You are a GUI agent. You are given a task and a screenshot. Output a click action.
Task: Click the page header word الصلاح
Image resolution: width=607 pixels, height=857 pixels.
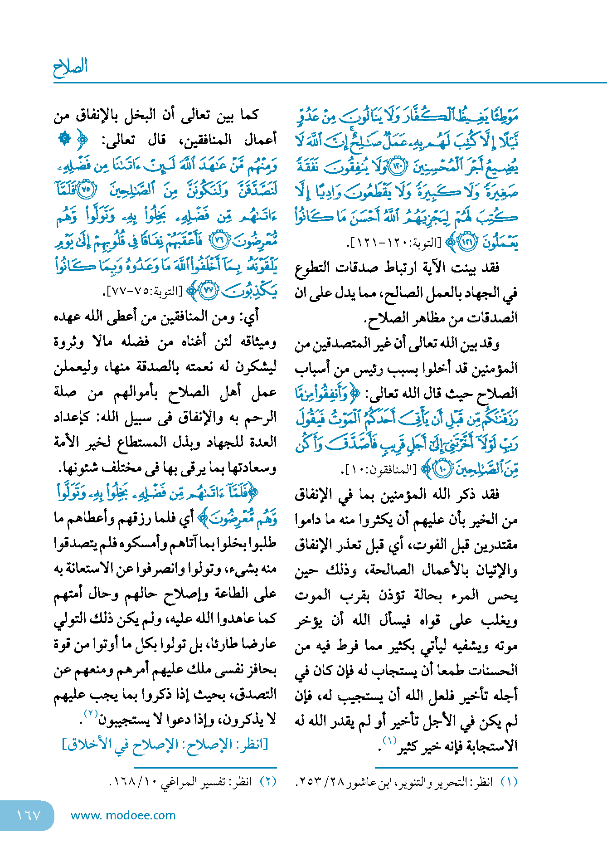[x=70, y=67]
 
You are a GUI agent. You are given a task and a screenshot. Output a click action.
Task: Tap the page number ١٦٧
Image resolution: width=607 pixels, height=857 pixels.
[x=29, y=815]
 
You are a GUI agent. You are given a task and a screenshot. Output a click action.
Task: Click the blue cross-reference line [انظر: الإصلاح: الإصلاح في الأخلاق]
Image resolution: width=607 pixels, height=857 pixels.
[x=165, y=745]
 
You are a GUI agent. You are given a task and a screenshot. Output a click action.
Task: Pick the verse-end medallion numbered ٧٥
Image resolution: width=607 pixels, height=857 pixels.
[x=86, y=190]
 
